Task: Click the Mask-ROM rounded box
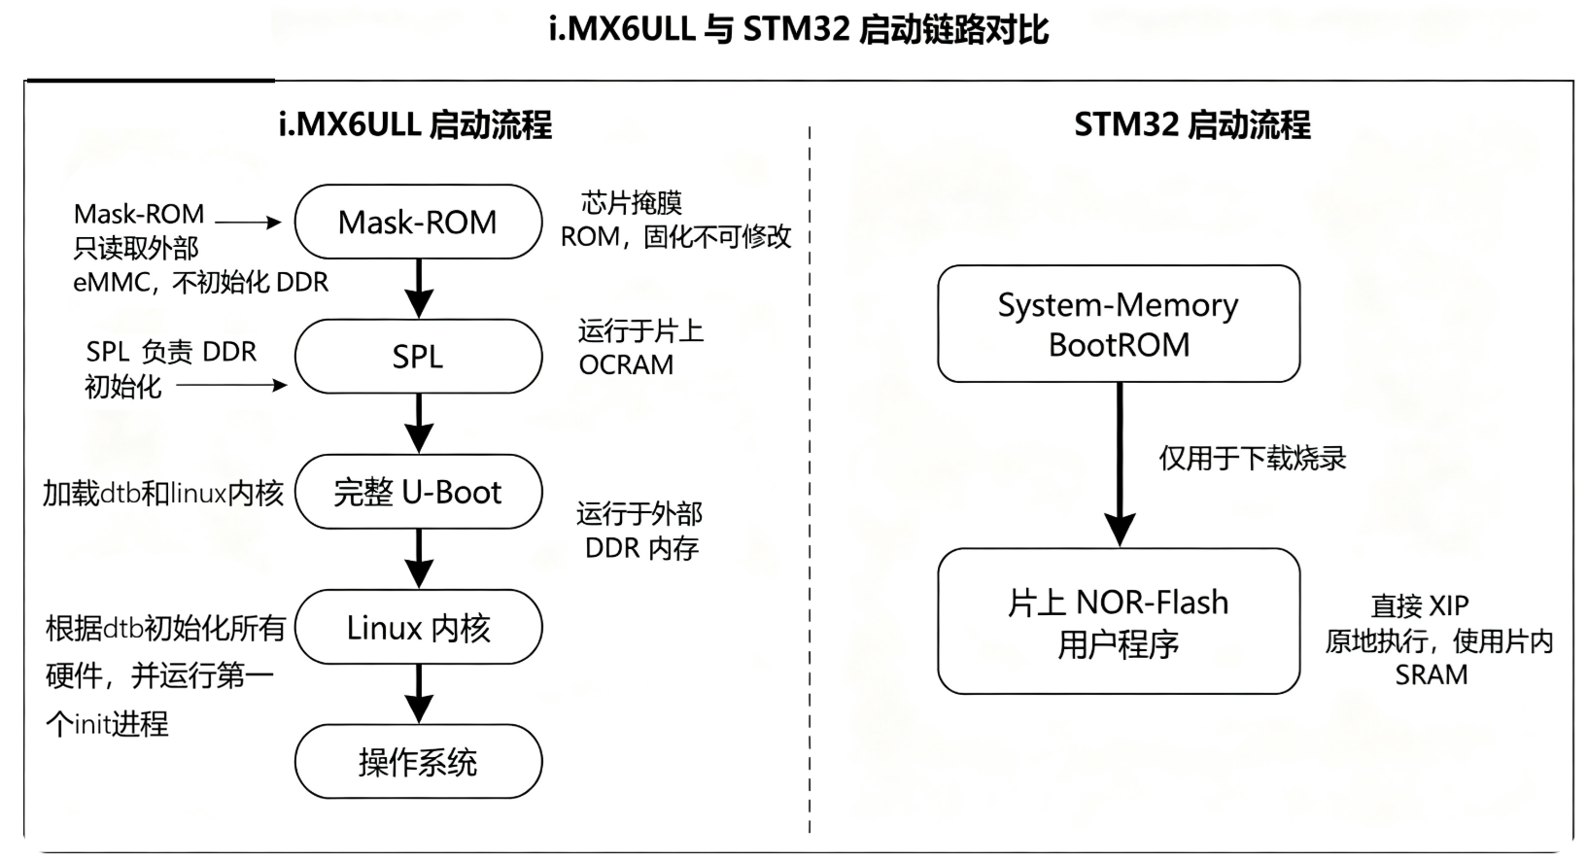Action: (x=418, y=222)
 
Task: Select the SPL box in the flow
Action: (x=418, y=357)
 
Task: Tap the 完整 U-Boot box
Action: (x=418, y=492)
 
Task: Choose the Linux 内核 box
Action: (x=418, y=627)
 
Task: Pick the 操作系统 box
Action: (x=418, y=762)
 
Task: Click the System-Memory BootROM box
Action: (x=1119, y=324)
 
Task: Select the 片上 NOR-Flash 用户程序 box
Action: (x=1119, y=621)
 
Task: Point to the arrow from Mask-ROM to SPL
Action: (x=419, y=289)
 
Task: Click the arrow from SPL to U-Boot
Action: (x=419, y=424)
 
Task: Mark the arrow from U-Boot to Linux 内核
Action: (x=419, y=559)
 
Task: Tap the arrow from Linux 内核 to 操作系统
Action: (x=419, y=694)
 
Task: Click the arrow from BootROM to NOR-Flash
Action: (x=1120, y=465)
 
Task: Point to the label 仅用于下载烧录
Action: (x=1252, y=459)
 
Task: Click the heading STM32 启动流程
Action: (x=1192, y=125)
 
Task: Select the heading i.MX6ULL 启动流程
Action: (x=415, y=125)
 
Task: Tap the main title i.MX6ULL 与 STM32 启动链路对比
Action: (x=799, y=30)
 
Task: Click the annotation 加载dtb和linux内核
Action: (x=163, y=493)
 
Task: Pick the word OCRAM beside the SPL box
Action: (x=626, y=364)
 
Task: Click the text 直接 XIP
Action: (x=1420, y=605)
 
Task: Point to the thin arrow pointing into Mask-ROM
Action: (x=248, y=223)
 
